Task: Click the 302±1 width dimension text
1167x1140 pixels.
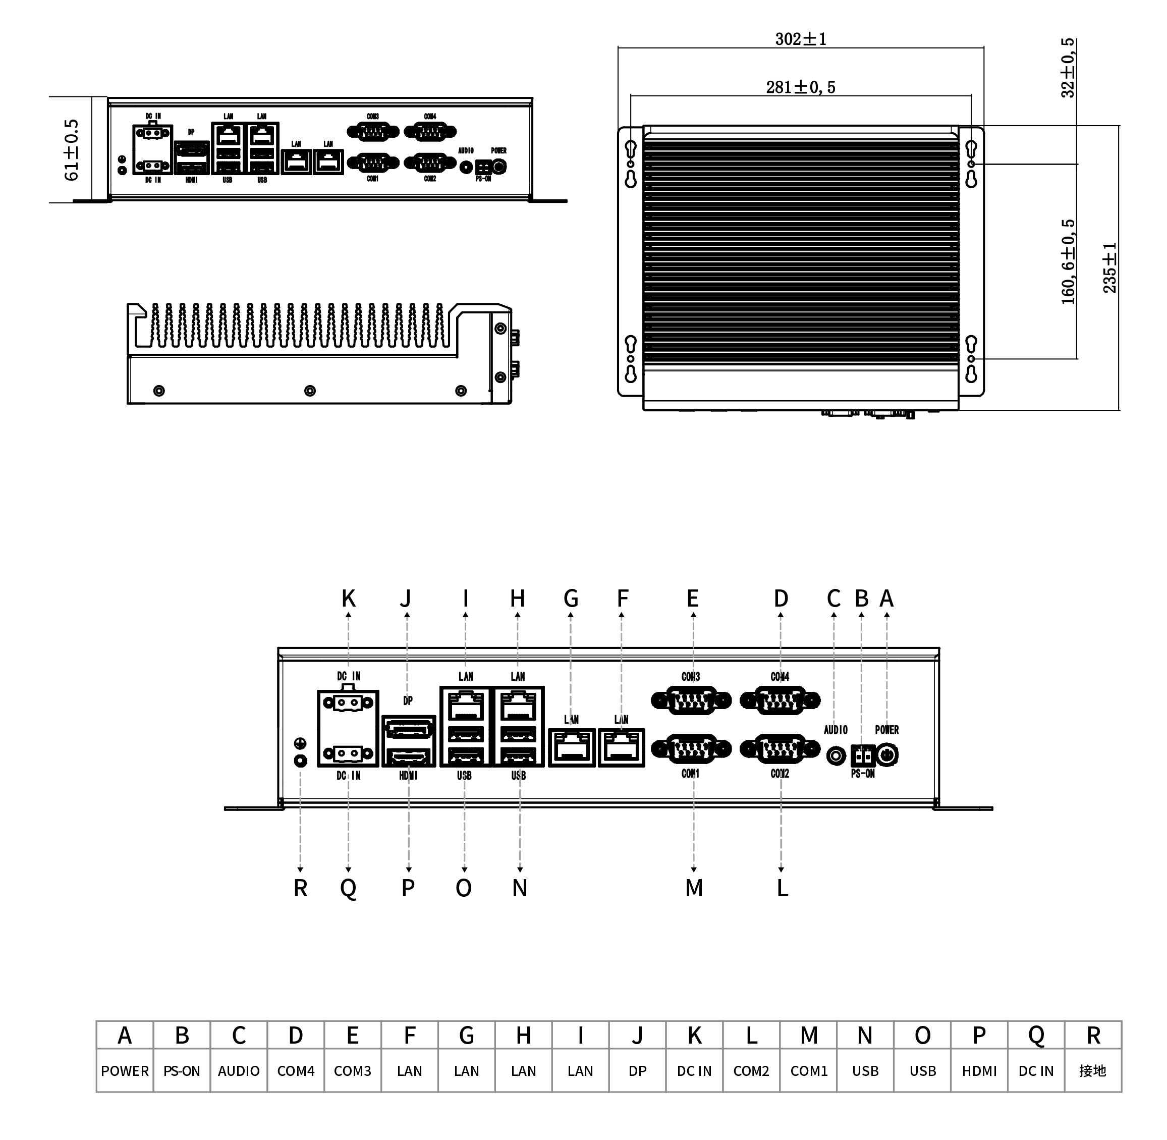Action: (801, 39)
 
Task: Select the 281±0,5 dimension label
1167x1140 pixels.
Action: (801, 87)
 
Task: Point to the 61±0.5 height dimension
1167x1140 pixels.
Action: (71, 150)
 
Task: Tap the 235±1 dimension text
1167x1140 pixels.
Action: (1109, 267)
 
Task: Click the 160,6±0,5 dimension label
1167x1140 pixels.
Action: (1068, 261)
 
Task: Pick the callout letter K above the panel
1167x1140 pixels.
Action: (348, 599)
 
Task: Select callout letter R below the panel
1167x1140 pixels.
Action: (300, 889)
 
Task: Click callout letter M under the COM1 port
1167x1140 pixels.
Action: (694, 889)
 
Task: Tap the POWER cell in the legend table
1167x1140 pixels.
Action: (125, 1071)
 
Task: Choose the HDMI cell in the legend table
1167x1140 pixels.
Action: (979, 1071)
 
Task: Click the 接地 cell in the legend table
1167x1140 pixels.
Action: (1093, 1071)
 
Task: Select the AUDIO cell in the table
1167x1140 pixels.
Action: (238, 1071)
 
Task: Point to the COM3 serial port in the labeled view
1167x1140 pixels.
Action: (691, 700)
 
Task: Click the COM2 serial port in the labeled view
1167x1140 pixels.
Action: (780, 748)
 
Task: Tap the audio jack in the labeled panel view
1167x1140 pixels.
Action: (836, 755)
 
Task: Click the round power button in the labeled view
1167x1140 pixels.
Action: (887, 755)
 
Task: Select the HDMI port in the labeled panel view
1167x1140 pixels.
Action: (408, 757)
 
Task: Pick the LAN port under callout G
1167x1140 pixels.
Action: (572, 748)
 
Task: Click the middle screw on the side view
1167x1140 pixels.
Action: (310, 391)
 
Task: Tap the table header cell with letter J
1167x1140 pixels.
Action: (637, 1035)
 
